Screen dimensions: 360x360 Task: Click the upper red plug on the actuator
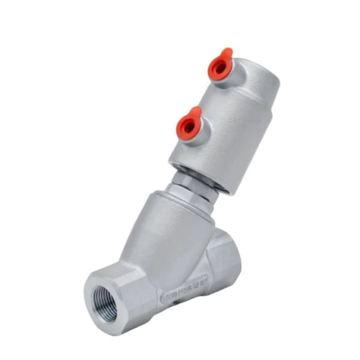pos(220,67)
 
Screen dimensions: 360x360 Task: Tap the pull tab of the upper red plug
pos(226,54)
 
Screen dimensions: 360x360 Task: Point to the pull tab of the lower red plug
pos(196,112)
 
